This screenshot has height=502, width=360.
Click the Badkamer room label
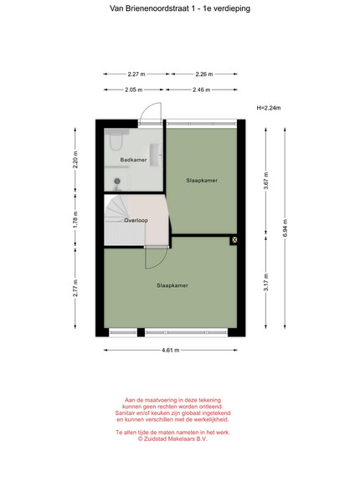coord(134,160)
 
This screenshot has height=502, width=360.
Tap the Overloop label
coord(136,220)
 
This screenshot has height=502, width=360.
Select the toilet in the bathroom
coord(116,140)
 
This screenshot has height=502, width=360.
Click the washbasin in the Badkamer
coord(157,155)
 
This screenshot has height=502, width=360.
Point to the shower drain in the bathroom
coord(117,182)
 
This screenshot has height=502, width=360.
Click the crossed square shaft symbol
coord(234,239)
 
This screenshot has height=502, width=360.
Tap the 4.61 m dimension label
coord(171,350)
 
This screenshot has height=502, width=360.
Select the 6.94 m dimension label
coord(285,228)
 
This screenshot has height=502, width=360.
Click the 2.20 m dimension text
coord(75,160)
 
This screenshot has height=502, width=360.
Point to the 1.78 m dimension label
coord(75,221)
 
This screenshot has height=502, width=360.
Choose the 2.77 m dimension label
coord(75,288)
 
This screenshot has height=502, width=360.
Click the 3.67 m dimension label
coord(266,181)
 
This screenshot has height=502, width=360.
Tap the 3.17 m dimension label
coord(266,283)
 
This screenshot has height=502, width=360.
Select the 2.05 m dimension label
coord(134,90)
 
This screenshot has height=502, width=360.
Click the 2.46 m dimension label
coord(202,90)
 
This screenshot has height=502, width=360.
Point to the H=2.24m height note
coord(269,108)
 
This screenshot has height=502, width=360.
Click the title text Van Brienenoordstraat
coord(150,8)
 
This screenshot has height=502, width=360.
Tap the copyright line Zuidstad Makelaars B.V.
coord(172,439)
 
